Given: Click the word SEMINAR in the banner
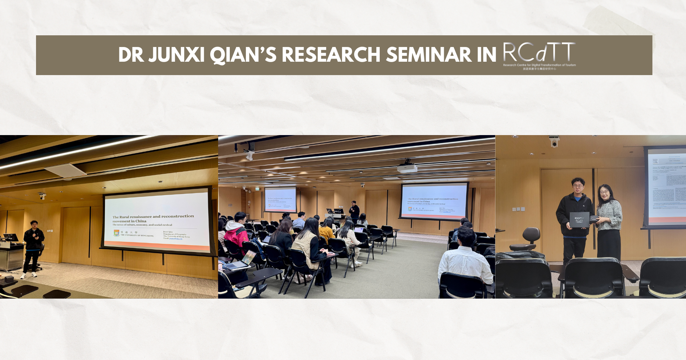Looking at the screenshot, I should coord(429,55).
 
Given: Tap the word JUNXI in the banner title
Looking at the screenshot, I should coord(177,55).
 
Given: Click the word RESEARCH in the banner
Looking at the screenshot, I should coord(331,55).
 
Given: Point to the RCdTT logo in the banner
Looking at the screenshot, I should coord(539,55).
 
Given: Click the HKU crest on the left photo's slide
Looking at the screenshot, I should coord(117,233).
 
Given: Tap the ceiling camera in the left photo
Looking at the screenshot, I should coord(42,196).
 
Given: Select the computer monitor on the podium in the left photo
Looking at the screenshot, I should coord(11,237).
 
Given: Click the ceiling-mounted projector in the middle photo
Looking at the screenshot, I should coord(407,168).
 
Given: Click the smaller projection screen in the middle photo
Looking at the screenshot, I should coord(280,200).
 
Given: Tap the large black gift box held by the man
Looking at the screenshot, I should coord(579,219).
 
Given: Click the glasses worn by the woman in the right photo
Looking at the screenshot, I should coord(604,192).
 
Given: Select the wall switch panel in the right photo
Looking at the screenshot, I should coord(518,209).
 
